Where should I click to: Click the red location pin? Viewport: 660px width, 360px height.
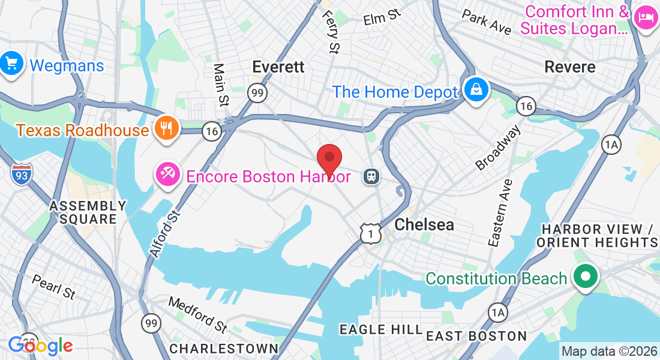[329, 159]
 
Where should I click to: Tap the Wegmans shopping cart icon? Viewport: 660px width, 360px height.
[11, 63]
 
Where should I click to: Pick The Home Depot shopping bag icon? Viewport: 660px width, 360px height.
[476, 90]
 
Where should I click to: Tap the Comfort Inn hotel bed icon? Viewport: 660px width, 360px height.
[646, 16]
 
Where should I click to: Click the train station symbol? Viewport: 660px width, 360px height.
[371, 176]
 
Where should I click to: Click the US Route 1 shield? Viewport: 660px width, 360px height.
[371, 233]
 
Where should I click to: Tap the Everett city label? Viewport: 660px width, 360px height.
[278, 67]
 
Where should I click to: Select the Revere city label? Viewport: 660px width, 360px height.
[570, 67]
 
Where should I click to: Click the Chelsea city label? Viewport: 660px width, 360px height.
[424, 225]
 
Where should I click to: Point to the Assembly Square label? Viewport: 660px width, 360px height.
[88, 212]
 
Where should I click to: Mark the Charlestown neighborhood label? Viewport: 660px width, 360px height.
[224, 349]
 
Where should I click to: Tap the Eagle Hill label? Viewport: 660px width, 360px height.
[381, 329]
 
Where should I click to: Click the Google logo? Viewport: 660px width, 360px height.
[40, 346]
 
